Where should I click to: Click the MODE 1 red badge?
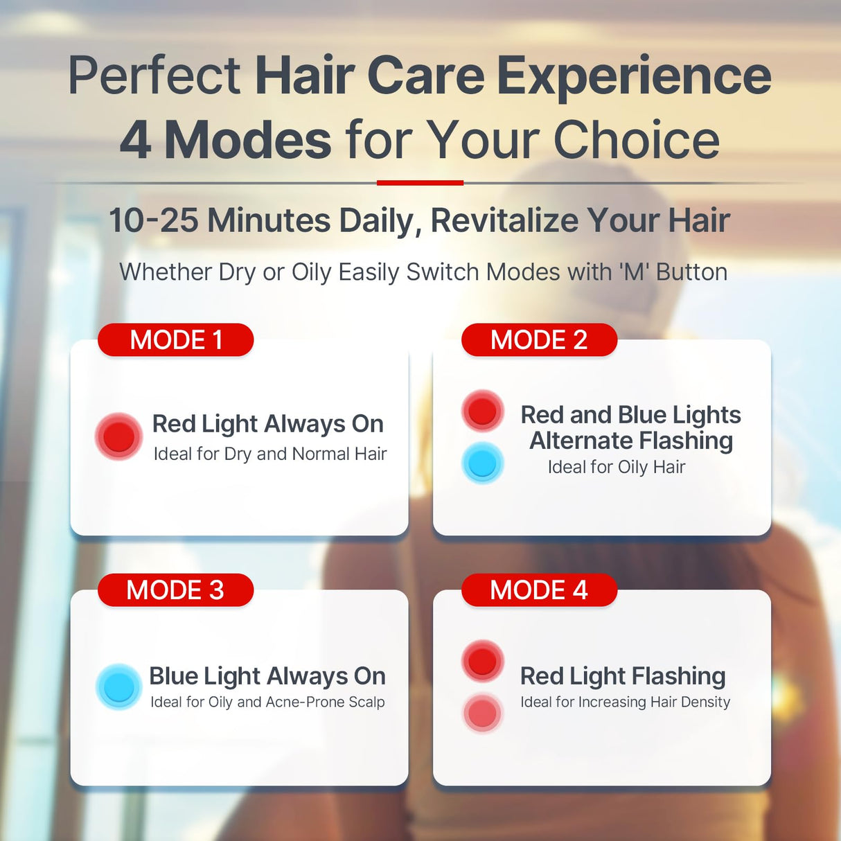176,340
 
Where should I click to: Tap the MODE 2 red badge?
539,340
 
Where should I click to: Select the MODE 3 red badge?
175,590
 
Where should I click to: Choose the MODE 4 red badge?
539,590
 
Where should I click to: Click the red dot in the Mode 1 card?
118,436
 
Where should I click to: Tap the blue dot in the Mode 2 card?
482,463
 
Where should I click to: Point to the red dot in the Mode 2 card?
482,410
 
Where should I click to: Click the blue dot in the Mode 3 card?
118,687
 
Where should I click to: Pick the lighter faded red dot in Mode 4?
482,713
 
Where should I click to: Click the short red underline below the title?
420,183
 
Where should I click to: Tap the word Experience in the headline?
634,76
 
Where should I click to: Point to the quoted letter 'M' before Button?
634,272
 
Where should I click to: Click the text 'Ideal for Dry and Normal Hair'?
269,454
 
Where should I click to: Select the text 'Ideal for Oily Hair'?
616,467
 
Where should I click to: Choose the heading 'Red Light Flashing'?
623,675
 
